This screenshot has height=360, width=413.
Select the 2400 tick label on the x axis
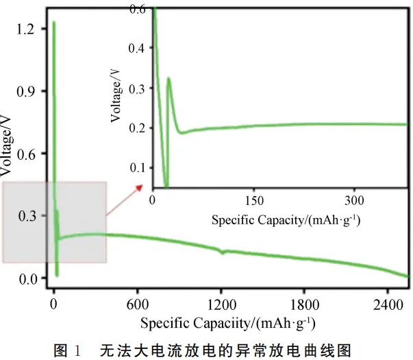[388, 304]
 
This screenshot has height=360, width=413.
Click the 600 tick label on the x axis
[138, 304]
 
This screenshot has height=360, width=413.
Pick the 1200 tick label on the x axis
[221, 304]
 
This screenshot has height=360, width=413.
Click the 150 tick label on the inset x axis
[254, 200]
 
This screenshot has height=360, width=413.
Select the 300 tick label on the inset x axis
[354, 200]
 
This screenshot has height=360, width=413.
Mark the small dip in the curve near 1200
[222, 252]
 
